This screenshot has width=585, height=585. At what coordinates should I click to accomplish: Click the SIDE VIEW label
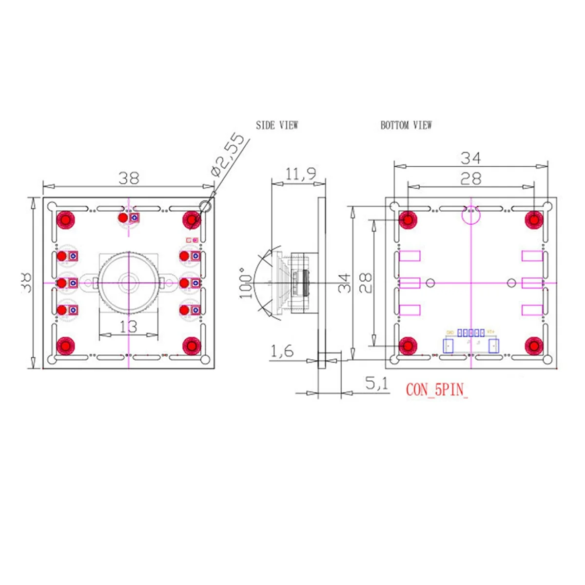click(277, 125)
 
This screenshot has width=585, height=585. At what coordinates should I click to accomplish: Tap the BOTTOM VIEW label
click(406, 125)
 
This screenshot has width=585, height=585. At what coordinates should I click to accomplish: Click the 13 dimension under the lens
click(128, 326)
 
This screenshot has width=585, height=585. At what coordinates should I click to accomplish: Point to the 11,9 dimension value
click(300, 174)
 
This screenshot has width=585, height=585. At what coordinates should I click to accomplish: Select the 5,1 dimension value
click(377, 384)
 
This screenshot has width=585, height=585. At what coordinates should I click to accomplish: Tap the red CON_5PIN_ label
click(436, 390)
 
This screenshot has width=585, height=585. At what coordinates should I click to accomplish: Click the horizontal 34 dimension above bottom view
click(471, 158)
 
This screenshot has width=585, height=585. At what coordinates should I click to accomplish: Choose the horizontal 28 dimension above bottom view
click(471, 178)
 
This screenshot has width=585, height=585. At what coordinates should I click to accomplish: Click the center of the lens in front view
click(129, 282)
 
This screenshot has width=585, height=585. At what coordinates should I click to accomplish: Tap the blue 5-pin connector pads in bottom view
click(471, 333)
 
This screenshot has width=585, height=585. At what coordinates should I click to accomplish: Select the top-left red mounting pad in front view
click(65, 220)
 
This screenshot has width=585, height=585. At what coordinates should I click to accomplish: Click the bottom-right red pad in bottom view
click(534, 346)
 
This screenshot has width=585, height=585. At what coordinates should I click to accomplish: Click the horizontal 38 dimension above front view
click(129, 178)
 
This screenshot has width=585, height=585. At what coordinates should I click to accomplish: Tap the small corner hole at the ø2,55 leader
click(205, 207)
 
